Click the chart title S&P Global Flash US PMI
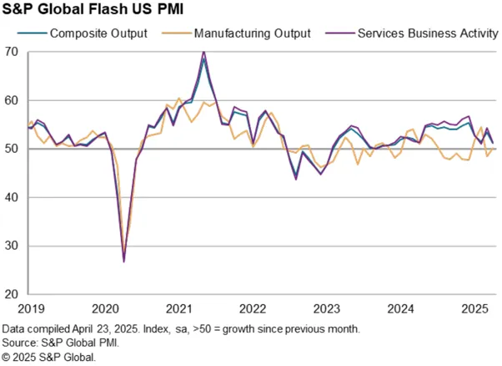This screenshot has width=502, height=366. pyautogui.click(x=93, y=8)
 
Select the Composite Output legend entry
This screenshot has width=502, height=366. pyautogui.click(x=83, y=33)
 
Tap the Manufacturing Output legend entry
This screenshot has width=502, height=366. pyautogui.click(x=237, y=33)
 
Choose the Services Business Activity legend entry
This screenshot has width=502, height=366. pyautogui.click(x=412, y=33)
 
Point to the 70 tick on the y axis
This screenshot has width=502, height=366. pyautogui.click(x=12, y=52)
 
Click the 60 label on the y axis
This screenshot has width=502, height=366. pyautogui.click(x=12, y=100)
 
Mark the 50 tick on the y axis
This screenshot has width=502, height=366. pyautogui.click(x=12, y=149)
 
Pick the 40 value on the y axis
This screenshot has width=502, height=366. pyautogui.click(x=12, y=197)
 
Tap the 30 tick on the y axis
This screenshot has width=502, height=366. pyautogui.click(x=12, y=246)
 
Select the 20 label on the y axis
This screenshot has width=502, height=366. pyautogui.click(x=12, y=294)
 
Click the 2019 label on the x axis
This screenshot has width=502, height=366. pyautogui.click(x=31, y=309)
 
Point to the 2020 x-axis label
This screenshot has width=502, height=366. pyautogui.click(x=105, y=309)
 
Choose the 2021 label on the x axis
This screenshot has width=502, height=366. pyautogui.click(x=179, y=309)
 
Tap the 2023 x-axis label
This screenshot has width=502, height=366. pyautogui.click(x=327, y=309)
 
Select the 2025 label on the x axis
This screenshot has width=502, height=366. pyautogui.click(x=474, y=309)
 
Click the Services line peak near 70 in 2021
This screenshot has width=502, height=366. pyautogui.click(x=204, y=52)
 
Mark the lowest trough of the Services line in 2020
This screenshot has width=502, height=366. pyautogui.click(x=124, y=262)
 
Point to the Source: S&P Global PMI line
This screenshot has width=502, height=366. pyautogui.click(x=61, y=343)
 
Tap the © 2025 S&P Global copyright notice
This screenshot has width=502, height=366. pyautogui.click(x=48, y=357)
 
